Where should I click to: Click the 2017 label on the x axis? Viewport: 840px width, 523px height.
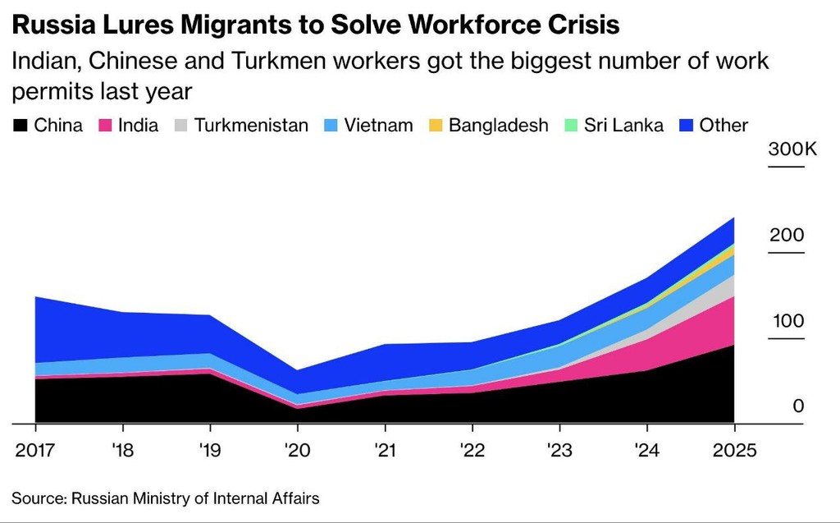(x=35, y=452)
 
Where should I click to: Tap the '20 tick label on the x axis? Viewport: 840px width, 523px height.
(x=297, y=452)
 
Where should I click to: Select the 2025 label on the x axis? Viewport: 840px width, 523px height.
(x=734, y=452)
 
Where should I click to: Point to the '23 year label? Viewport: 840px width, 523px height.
(x=559, y=452)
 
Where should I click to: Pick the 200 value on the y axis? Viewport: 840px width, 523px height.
(x=787, y=236)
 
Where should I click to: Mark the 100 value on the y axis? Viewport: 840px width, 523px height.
(x=787, y=321)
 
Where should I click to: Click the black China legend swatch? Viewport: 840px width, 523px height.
(x=20, y=126)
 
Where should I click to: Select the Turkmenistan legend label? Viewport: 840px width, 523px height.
(x=251, y=126)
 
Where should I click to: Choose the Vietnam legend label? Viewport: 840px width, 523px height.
(x=378, y=126)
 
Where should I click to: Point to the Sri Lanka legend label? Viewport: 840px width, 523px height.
(x=623, y=126)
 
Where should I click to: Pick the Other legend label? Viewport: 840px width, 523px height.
(x=724, y=126)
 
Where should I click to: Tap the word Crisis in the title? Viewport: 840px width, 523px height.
(x=582, y=25)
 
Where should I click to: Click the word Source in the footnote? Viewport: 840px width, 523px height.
(x=37, y=498)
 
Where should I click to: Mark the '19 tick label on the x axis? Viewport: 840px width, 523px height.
(x=210, y=452)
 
